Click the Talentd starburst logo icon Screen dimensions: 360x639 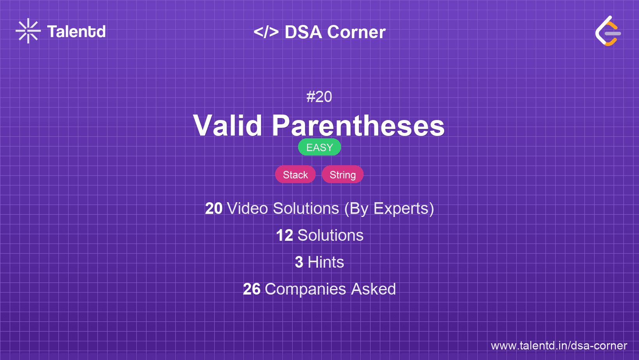click(x=28, y=31)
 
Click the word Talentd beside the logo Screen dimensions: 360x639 click(x=76, y=32)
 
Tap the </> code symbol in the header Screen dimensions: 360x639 click(x=266, y=32)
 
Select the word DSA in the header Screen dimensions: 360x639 click(x=304, y=32)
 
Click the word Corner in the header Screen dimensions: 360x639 click(x=357, y=32)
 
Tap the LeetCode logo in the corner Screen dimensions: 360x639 click(x=608, y=31)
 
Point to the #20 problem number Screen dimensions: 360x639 click(x=319, y=97)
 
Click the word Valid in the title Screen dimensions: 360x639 click(x=228, y=125)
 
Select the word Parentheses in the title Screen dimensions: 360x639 click(x=358, y=125)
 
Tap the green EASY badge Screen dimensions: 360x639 click(x=319, y=147)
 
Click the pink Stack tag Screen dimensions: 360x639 click(x=295, y=175)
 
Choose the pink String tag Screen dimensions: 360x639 click(x=342, y=175)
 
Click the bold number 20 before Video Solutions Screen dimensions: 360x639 click(x=214, y=208)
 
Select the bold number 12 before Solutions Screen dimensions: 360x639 click(x=284, y=235)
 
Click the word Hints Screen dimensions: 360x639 click(x=326, y=262)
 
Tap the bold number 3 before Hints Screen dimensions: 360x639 click(x=299, y=262)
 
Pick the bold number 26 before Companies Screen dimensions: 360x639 click(x=251, y=289)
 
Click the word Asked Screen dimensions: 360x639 click(x=373, y=289)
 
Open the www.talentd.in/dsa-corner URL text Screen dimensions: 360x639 click(x=559, y=346)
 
